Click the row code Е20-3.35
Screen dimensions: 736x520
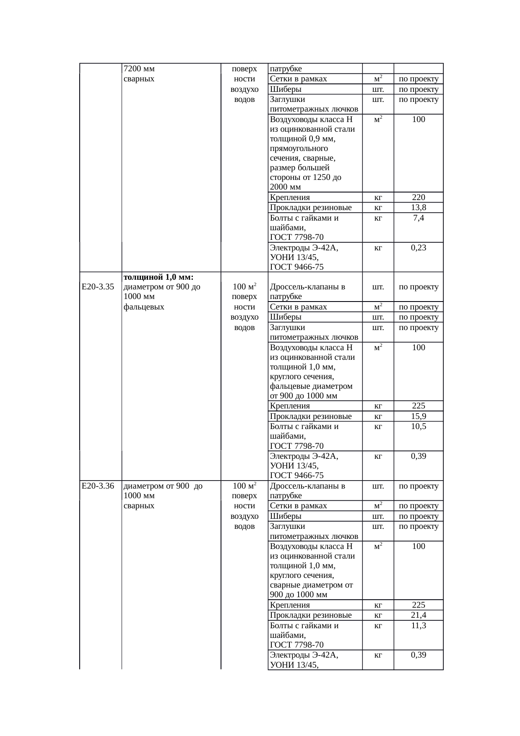pyautogui.click(x=98, y=287)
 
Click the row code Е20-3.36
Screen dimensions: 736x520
pyautogui.click(x=98, y=486)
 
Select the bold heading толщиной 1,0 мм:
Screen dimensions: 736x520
pyautogui.click(x=159, y=277)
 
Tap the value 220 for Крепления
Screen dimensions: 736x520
pyautogui.click(x=418, y=197)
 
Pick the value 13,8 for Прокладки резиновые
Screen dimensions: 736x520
pyautogui.click(x=418, y=208)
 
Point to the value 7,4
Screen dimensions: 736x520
pyautogui.click(x=418, y=218)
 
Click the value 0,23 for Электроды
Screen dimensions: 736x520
pyautogui.click(x=418, y=247)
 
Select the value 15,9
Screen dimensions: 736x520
pyautogui.click(x=418, y=416)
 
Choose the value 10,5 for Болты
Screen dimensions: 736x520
pyautogui.click(x=418, y=426)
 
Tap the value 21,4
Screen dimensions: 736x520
pyautogui.click(x=418, y=615)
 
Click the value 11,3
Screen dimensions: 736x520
pyautogui.click(x=418, y=625)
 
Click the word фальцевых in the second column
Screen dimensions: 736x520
pyautogui.click(x=144, y=307)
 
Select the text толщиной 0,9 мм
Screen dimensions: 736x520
pyautogui.click(x=302, y=139)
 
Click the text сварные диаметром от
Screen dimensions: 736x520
pyautogui.click(x=311, y=585)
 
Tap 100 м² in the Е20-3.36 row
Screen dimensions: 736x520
pyautogui.click(x=244, y=486)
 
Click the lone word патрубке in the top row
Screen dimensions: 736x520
pyautogui.click(x=286, y=69)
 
